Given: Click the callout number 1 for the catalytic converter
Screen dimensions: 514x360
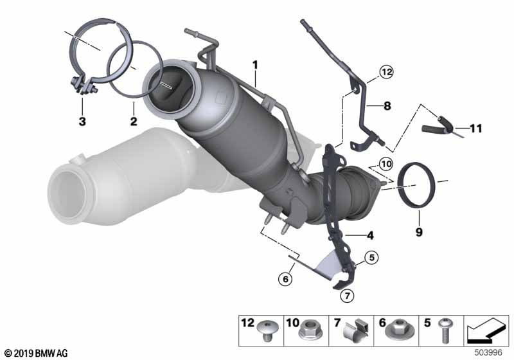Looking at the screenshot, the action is point(255,65).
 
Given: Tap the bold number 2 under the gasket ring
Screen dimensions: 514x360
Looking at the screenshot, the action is point(134,122).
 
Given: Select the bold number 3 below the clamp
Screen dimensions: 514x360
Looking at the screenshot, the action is point(82,122).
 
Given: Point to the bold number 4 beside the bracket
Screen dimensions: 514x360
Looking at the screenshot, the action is point(370,235).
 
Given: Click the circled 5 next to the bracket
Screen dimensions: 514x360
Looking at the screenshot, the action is point(371,257).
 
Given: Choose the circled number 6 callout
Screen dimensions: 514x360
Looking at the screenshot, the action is point(285,279).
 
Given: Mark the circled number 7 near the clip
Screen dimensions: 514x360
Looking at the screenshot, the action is point(347,296).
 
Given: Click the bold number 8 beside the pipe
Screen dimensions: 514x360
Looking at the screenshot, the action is point(387,106).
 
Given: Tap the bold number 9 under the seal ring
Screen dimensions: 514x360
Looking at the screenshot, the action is point(419,232).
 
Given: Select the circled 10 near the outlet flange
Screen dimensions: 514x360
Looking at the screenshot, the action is point(386,164).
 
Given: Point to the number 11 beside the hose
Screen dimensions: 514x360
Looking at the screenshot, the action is point(476,128).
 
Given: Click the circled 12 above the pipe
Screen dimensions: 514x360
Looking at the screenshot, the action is point(387,71).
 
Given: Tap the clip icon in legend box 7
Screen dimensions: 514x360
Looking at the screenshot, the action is point(355,329).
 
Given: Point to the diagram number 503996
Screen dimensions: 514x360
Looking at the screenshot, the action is point(488,352).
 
